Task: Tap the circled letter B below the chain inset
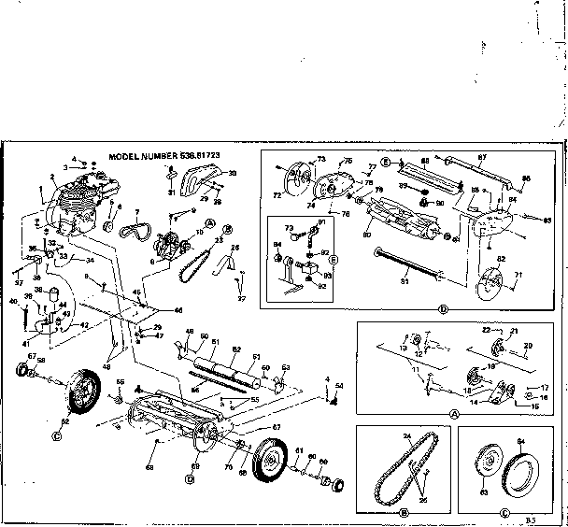(x=405, y=512)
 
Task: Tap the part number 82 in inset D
(x=501, y=259)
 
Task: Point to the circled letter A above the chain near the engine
(x=211, y=223)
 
